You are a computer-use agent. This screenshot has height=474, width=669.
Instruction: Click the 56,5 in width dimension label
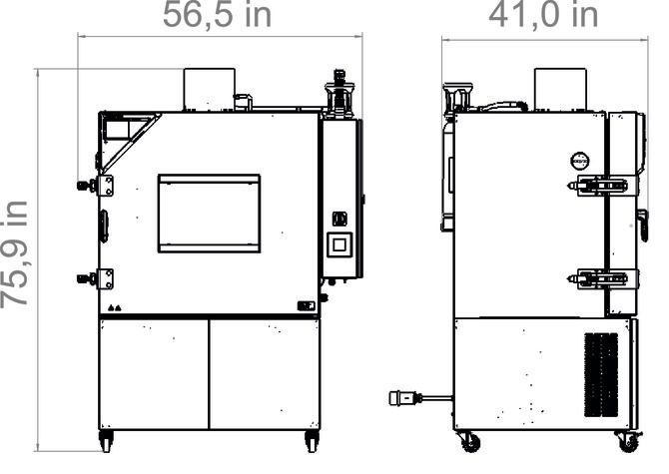pyautogui.click(x=217, y=15)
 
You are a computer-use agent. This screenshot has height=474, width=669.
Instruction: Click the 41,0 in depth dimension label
pyautogui.click(x=543, y=15)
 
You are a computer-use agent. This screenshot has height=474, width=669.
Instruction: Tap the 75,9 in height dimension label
pyautogui.click(x=15, y=254)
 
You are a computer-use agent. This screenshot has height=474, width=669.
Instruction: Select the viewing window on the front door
pyautogui.click(x=209, y=214)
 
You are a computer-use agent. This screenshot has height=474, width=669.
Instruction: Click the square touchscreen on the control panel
pyautogui.click(x=339, y=244)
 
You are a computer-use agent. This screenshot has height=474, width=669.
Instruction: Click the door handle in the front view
pyautogui.click(x=104, y=226)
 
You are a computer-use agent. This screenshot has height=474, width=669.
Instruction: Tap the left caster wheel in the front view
pyautogui.click(x=106, y=441)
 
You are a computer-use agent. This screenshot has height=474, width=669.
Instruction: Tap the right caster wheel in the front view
pyautogui.click(x=313, y=441)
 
